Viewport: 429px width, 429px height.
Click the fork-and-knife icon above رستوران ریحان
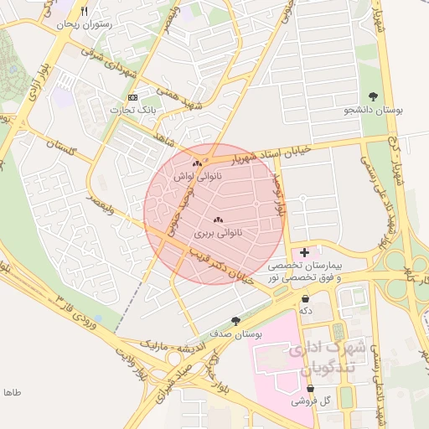(x=83, y=12)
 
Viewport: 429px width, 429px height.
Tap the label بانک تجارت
(x=133, y=110)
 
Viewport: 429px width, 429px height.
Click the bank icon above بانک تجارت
(x=133, y=97)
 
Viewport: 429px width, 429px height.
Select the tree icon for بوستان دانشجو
(x=373, y=96)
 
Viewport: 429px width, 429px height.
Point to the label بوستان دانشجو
(x=372, y=110)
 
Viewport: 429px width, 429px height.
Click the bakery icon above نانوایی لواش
(x=197, y=163)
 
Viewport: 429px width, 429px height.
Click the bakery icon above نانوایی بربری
(x=218, y=220)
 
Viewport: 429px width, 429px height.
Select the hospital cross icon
(x=303, y=251)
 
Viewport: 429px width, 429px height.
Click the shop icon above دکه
(x=305, y=298)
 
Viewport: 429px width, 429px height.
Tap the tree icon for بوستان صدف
(x=236, y=321)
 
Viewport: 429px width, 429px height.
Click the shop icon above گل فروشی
(x=311, y=389)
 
